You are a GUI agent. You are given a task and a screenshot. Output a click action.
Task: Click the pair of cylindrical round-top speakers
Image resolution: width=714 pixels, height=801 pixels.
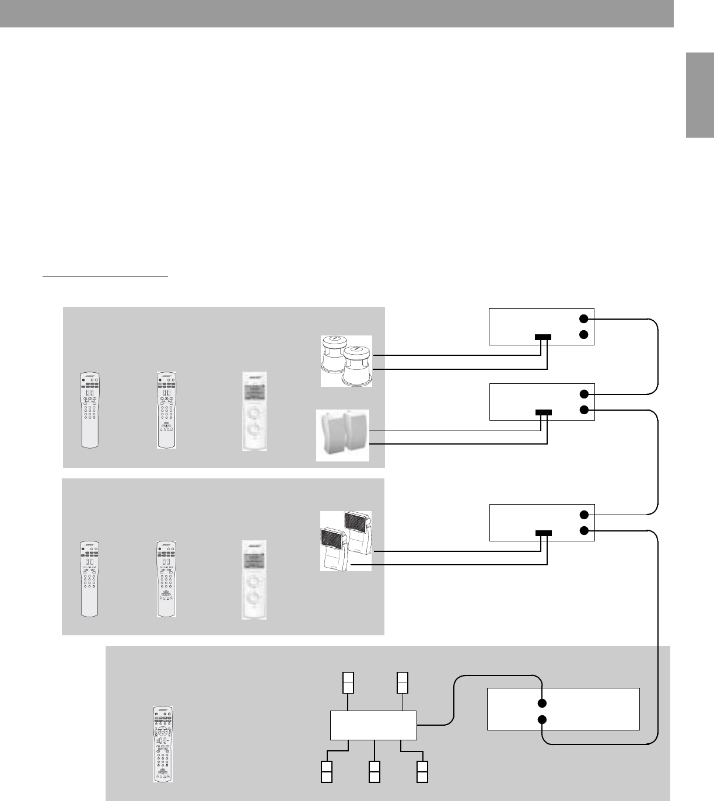click(x=346, y=361)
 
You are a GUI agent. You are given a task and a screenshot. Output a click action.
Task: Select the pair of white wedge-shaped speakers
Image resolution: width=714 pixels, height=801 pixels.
click(x=343, y=435)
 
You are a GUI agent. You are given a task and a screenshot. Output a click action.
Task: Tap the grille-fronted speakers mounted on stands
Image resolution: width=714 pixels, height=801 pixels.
click(x=345, y=540)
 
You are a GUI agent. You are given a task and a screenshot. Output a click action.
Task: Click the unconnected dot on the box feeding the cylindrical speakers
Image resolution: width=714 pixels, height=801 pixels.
click(x=584, y=334)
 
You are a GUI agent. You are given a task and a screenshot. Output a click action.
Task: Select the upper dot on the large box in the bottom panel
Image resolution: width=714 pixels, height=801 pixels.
click(x=542, y=702)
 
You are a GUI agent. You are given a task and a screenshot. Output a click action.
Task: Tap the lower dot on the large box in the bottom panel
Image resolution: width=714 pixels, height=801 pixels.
click(x=542, y=720)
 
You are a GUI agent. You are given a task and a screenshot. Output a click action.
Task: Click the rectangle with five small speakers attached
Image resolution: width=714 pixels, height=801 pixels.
click(x=373, y=725)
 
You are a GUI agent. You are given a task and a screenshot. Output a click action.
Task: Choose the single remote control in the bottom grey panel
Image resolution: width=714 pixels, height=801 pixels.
click(x=164, y=743)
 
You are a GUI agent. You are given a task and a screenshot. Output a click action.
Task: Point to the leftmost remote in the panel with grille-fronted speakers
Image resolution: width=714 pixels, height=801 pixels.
click(x=89, y=579)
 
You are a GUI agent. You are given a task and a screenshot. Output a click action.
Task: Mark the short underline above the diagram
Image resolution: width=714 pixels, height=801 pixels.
click(x=105, y=278)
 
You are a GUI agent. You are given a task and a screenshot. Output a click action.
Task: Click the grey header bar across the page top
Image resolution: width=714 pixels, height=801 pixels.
click(x=337, y=13)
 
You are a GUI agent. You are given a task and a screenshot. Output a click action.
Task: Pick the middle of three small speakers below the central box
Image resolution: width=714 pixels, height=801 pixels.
click(x=374, y=771)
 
